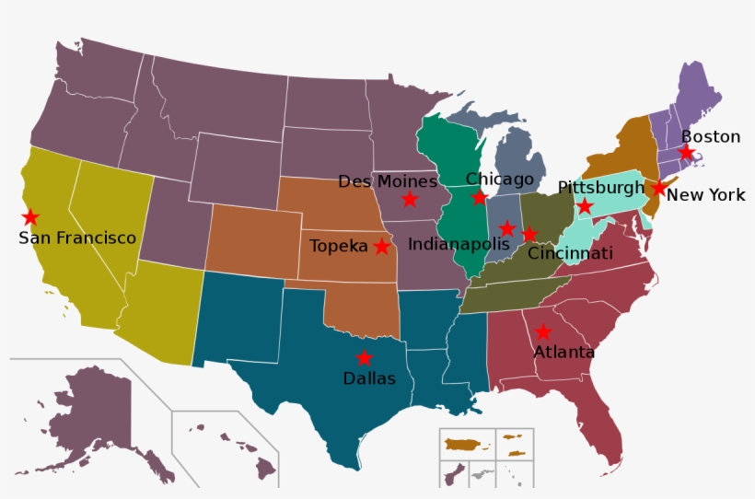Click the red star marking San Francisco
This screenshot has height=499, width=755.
click(30, 217)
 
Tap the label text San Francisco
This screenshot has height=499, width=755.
click(77, 238)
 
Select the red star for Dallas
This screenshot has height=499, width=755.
click(365, 358)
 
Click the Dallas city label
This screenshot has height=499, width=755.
click(368, 378)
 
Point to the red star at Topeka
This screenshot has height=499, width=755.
click(381, 247)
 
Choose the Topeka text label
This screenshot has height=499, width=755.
click(339, 246)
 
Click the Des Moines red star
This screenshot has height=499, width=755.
click(409, 200)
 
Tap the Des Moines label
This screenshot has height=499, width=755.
click(388, 180)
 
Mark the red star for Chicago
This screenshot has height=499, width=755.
click(479, 197)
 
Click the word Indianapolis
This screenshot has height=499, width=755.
click(459, 244)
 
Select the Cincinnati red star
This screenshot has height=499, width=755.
click(529, 234)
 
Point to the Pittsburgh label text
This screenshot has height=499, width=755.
click(601, 188)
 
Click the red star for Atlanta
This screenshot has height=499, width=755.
click(543, 332)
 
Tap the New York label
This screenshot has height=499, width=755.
click(705, 195)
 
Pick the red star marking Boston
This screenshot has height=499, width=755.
click(686, 152)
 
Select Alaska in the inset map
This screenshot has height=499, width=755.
click(92, 414)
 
